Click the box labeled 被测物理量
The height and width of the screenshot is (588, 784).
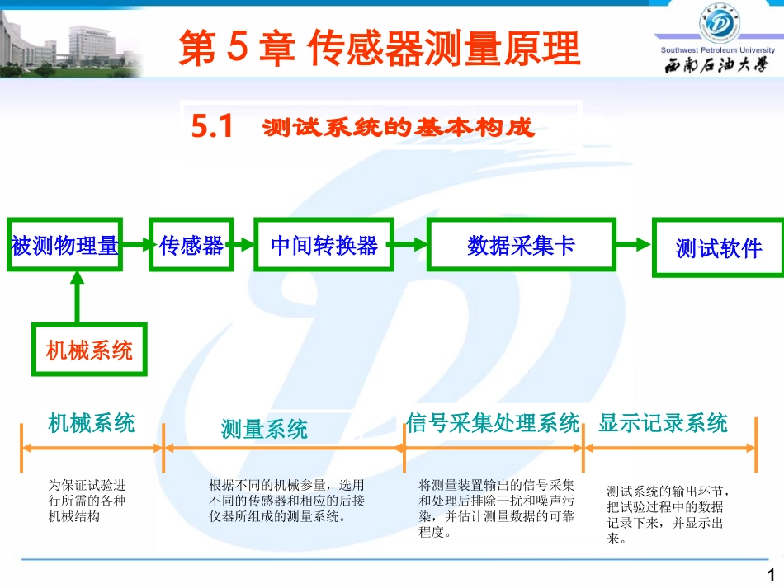coord(64,245)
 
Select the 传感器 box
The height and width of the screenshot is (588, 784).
coord(191,245)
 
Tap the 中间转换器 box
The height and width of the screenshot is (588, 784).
coord(324,245)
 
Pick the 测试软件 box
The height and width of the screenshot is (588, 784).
coord(718,247)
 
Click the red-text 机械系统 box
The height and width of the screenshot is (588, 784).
coord(89,350)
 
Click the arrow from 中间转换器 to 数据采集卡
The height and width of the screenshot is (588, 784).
coord(409,244)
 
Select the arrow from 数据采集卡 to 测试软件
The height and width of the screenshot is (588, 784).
coord(634,244)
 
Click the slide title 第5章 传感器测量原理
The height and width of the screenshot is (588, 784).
coord(380,49)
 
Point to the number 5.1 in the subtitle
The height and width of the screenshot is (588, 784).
coord(212,127)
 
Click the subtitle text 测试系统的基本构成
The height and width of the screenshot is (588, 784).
coord(399,128)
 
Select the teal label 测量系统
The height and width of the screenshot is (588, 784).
coord(264,429)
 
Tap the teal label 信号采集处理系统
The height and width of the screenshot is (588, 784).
coord(493,424)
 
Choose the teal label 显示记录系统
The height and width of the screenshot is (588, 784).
coord(664,424)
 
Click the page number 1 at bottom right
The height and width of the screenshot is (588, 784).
coord(771,576)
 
